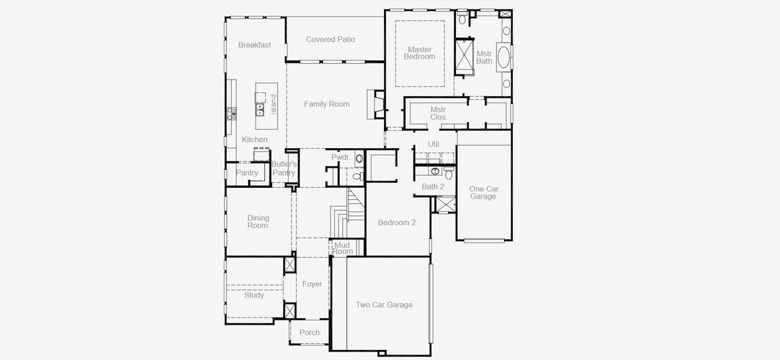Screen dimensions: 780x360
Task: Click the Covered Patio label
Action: coord(330,40)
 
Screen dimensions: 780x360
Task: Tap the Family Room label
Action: coord(326,104)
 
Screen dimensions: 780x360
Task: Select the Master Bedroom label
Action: coord(419,53)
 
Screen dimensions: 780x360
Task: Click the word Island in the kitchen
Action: coord(274,104)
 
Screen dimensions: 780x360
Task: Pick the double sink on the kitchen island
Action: coord(260,109)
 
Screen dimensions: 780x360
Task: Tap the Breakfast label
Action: coord(254,45)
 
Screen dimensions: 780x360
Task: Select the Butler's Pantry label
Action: coord(284,168)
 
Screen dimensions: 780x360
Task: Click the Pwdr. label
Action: coord(340,157)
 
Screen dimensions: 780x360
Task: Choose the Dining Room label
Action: coord(258,221)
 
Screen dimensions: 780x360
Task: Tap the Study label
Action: coord(254,295)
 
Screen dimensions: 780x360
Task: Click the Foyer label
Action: coord(312,284)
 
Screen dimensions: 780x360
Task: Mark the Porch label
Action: coord(310,332)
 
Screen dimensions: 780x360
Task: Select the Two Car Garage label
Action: coord(384,305)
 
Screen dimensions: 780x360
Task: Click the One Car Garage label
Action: coord(484,193)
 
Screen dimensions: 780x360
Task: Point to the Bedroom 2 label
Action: coord(397,223)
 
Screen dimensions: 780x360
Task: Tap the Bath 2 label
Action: coord(433,187)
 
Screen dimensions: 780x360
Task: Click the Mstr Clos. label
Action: coord(439,113)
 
